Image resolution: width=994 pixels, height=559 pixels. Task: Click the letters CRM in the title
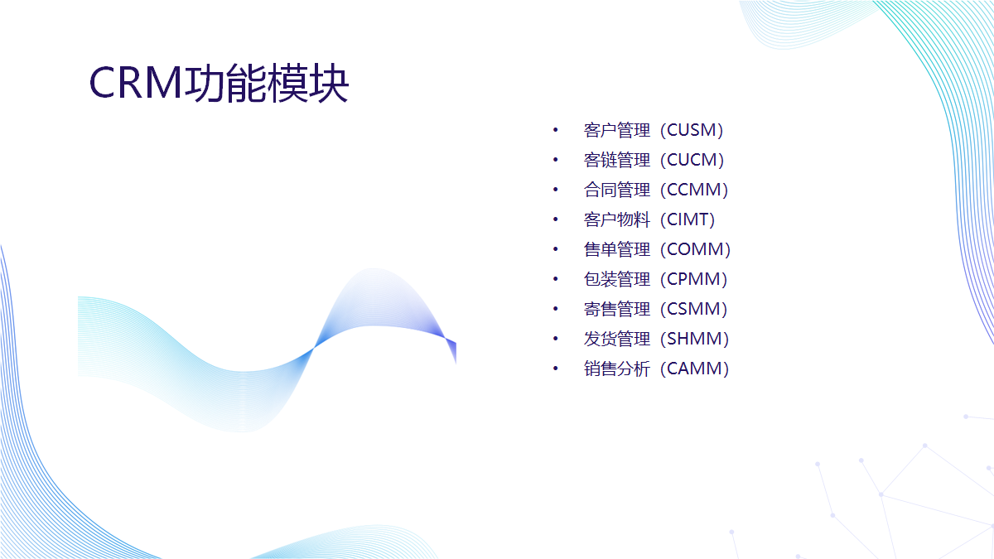tap(136, 83)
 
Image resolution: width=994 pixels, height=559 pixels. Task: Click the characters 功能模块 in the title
tap(266, 83)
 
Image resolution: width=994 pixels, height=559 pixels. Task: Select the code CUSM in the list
tap(692, 130)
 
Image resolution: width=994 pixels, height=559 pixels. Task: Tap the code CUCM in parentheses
tap(692, 160)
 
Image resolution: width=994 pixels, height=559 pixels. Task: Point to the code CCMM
tap(694, 190)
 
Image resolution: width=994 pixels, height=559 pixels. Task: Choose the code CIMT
tap(688, 219)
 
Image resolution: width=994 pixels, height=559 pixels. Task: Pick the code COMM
tap(696, 249)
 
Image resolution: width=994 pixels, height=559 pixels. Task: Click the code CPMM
tap(694, 278)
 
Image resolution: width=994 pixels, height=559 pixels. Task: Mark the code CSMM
tap(694, 308)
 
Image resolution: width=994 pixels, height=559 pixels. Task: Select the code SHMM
tap(695, 339)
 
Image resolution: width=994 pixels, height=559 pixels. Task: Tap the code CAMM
tap(695, 369)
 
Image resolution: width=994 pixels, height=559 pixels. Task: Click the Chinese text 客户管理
tap(617, 130)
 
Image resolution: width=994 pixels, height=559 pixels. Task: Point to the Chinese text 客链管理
tap(617, 160)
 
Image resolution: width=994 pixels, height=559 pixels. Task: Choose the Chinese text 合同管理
tap(617, 190)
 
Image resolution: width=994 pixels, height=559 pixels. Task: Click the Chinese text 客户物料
tap(617, 219)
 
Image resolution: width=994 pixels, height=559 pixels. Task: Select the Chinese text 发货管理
tap(617, 339)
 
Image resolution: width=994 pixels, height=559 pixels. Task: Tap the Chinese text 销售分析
tap(617, 369)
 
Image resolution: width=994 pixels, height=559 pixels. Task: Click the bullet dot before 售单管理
tap(555, 249)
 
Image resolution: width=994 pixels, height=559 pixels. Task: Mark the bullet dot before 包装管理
tap(555, 278)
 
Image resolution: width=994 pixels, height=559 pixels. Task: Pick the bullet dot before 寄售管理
tap(555, 308)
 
